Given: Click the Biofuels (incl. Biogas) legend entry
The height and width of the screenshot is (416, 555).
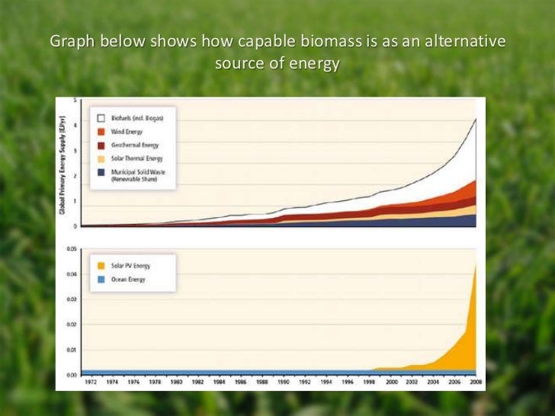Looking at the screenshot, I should [132, 118].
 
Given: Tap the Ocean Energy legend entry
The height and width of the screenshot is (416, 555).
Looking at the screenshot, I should [127, 280].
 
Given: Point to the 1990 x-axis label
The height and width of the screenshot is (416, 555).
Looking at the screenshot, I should [283, 382].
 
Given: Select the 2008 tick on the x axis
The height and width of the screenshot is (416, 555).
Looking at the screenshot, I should [474, 382].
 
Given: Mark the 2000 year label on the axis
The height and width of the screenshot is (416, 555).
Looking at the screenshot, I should [390, 382].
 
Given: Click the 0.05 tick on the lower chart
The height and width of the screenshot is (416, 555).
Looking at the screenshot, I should [69, 249].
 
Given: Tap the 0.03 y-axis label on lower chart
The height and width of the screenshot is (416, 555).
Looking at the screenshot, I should [69, 299].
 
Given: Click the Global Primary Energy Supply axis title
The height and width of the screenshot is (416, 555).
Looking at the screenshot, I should [63, 164].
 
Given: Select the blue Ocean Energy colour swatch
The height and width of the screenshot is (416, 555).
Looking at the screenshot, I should [100, 280].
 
